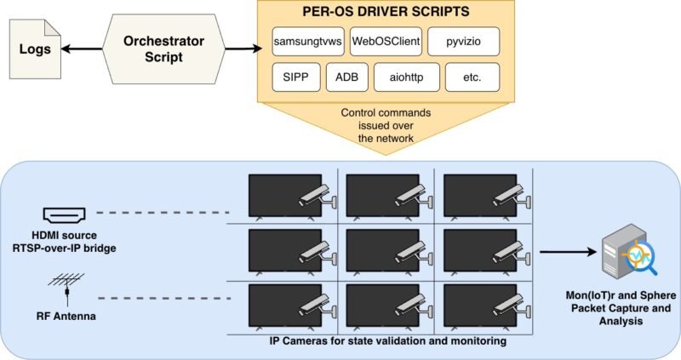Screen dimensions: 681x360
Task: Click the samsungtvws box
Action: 308,42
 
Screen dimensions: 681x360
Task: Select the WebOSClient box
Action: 386,42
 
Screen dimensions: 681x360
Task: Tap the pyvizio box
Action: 463,42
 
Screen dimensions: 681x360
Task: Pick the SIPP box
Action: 296,77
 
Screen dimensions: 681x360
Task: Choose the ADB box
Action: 347,77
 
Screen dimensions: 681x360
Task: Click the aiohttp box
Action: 407,77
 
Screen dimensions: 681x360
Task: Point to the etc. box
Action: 472,77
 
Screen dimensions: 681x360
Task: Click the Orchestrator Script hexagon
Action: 163,49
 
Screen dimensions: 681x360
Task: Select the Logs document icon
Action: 35,49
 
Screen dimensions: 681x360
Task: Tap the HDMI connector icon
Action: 65,214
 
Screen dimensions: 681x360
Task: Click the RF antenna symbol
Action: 66,289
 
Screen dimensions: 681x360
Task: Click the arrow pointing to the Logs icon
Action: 82,49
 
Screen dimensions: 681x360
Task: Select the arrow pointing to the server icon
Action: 568,251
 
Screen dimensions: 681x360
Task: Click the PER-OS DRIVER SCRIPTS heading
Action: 386,12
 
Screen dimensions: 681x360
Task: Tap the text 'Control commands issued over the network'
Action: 386,125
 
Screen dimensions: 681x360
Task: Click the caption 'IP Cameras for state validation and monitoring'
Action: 388,341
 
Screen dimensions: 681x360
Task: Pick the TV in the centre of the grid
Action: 382,250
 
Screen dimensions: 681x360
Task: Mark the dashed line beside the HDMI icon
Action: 163,213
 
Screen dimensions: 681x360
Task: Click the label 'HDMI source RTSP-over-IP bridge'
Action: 65,242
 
